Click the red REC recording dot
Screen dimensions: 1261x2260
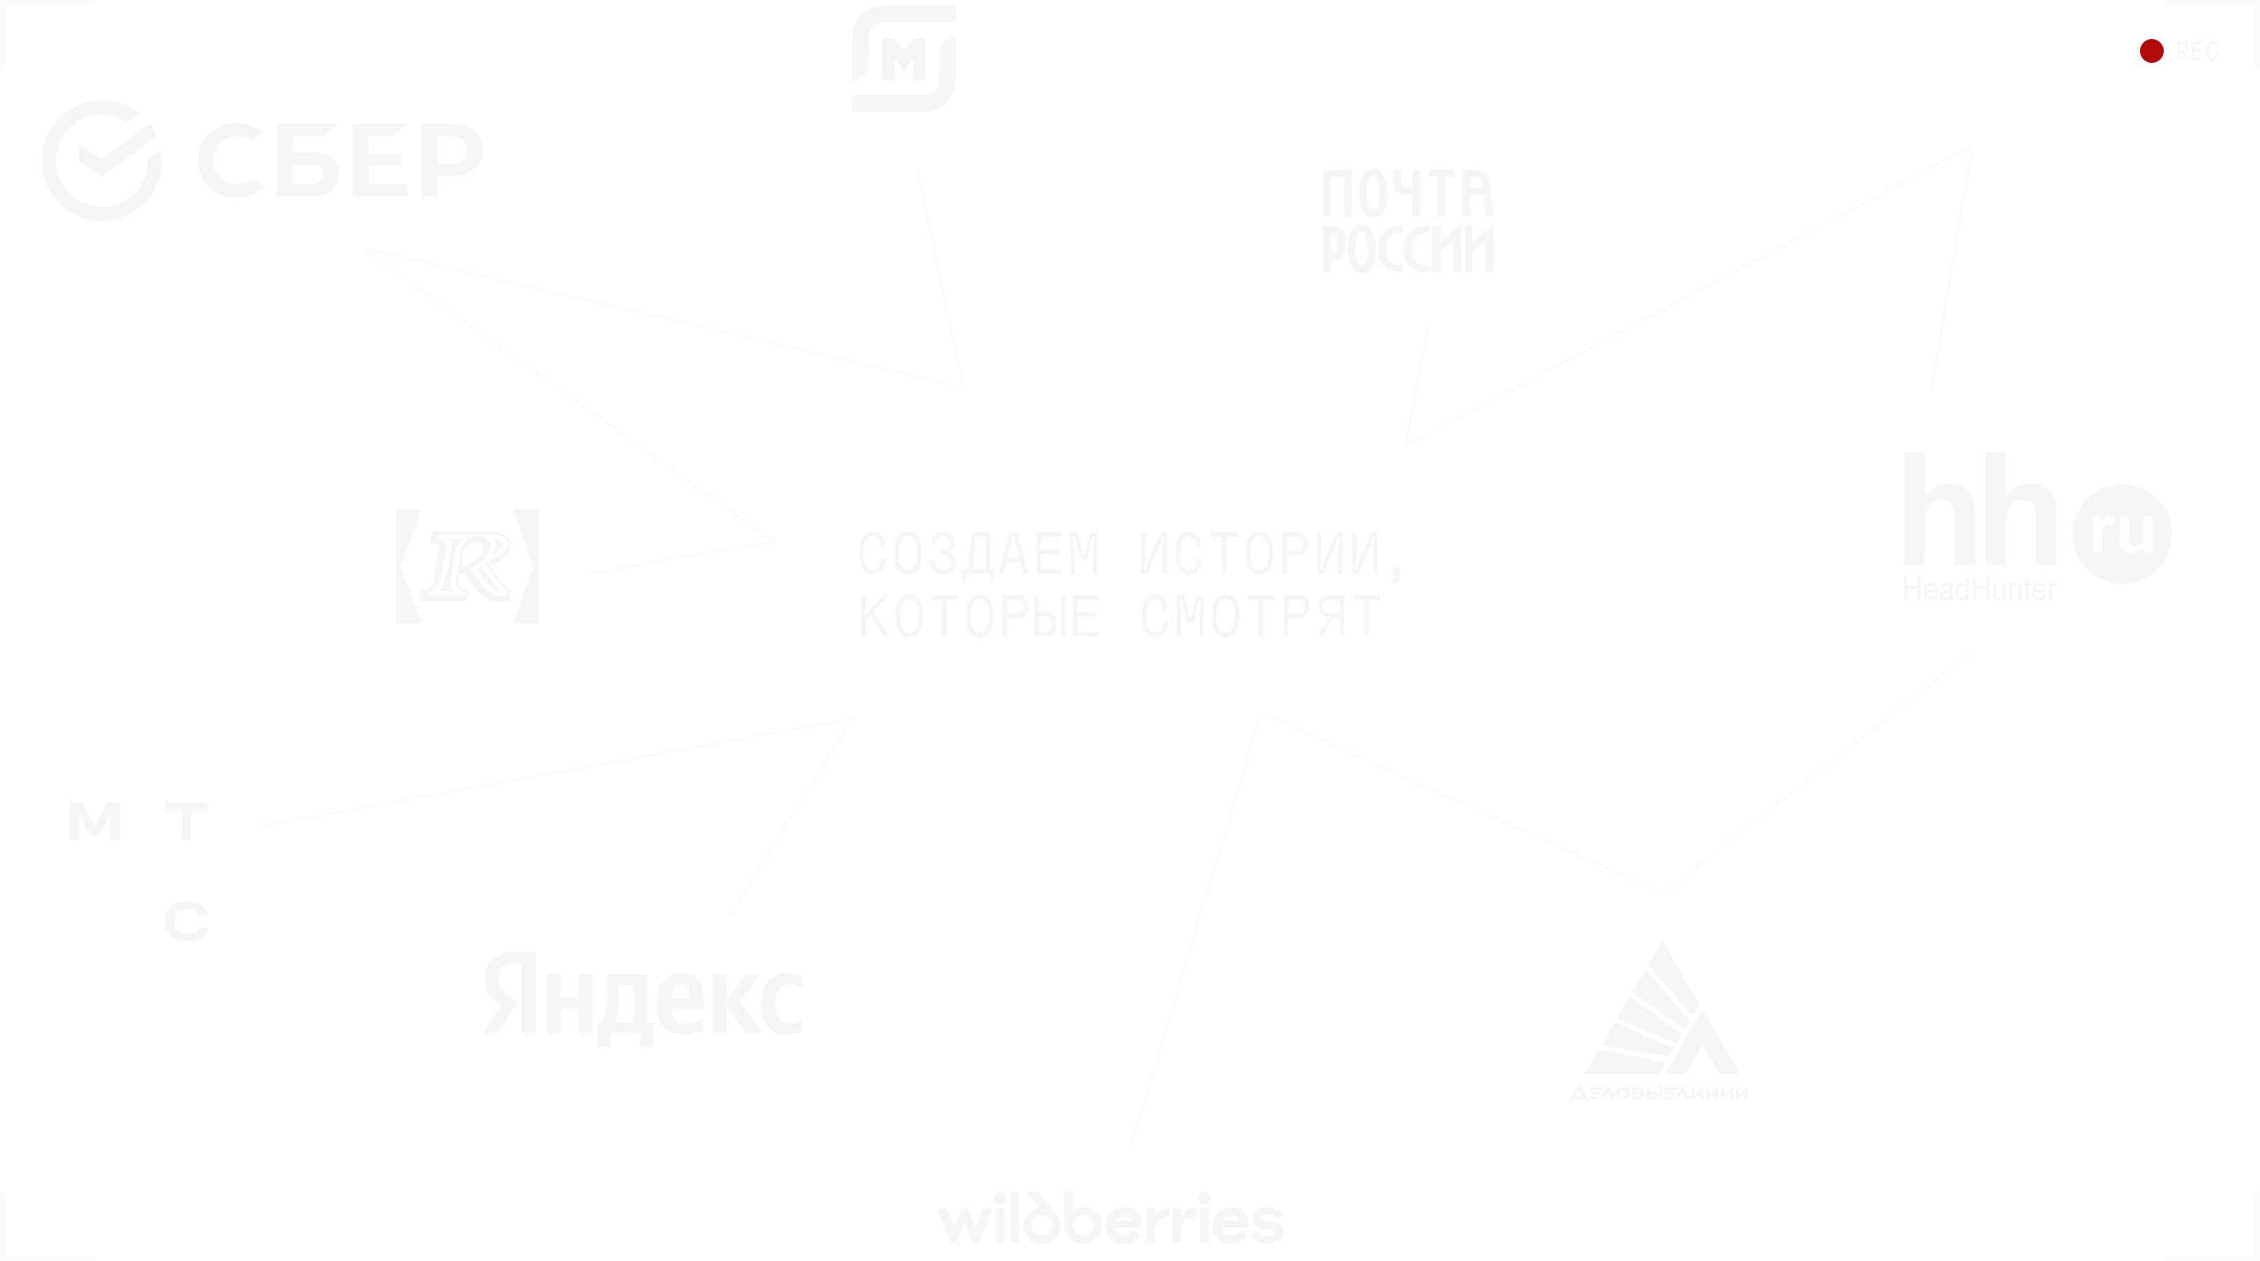coord(2151,52)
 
